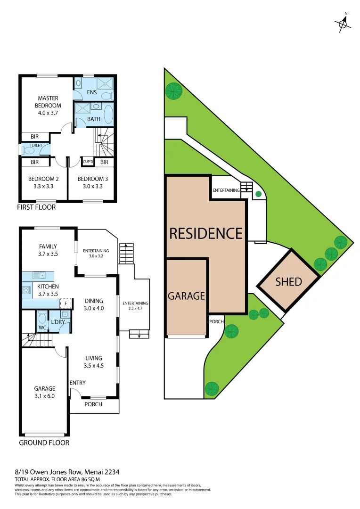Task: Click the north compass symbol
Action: point(344,22)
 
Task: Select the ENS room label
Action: point(92,93)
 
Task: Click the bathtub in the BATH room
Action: point(108,114)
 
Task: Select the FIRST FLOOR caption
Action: point(36,207)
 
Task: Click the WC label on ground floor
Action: point(42,327)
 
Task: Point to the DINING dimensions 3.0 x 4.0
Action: point(94,308)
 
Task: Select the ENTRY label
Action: point(78,383)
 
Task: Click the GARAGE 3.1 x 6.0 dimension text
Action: point(44,396)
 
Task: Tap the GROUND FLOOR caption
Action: point(44,443)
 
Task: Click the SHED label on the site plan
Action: point(288,282)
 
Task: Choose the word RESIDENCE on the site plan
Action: point(205,233)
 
